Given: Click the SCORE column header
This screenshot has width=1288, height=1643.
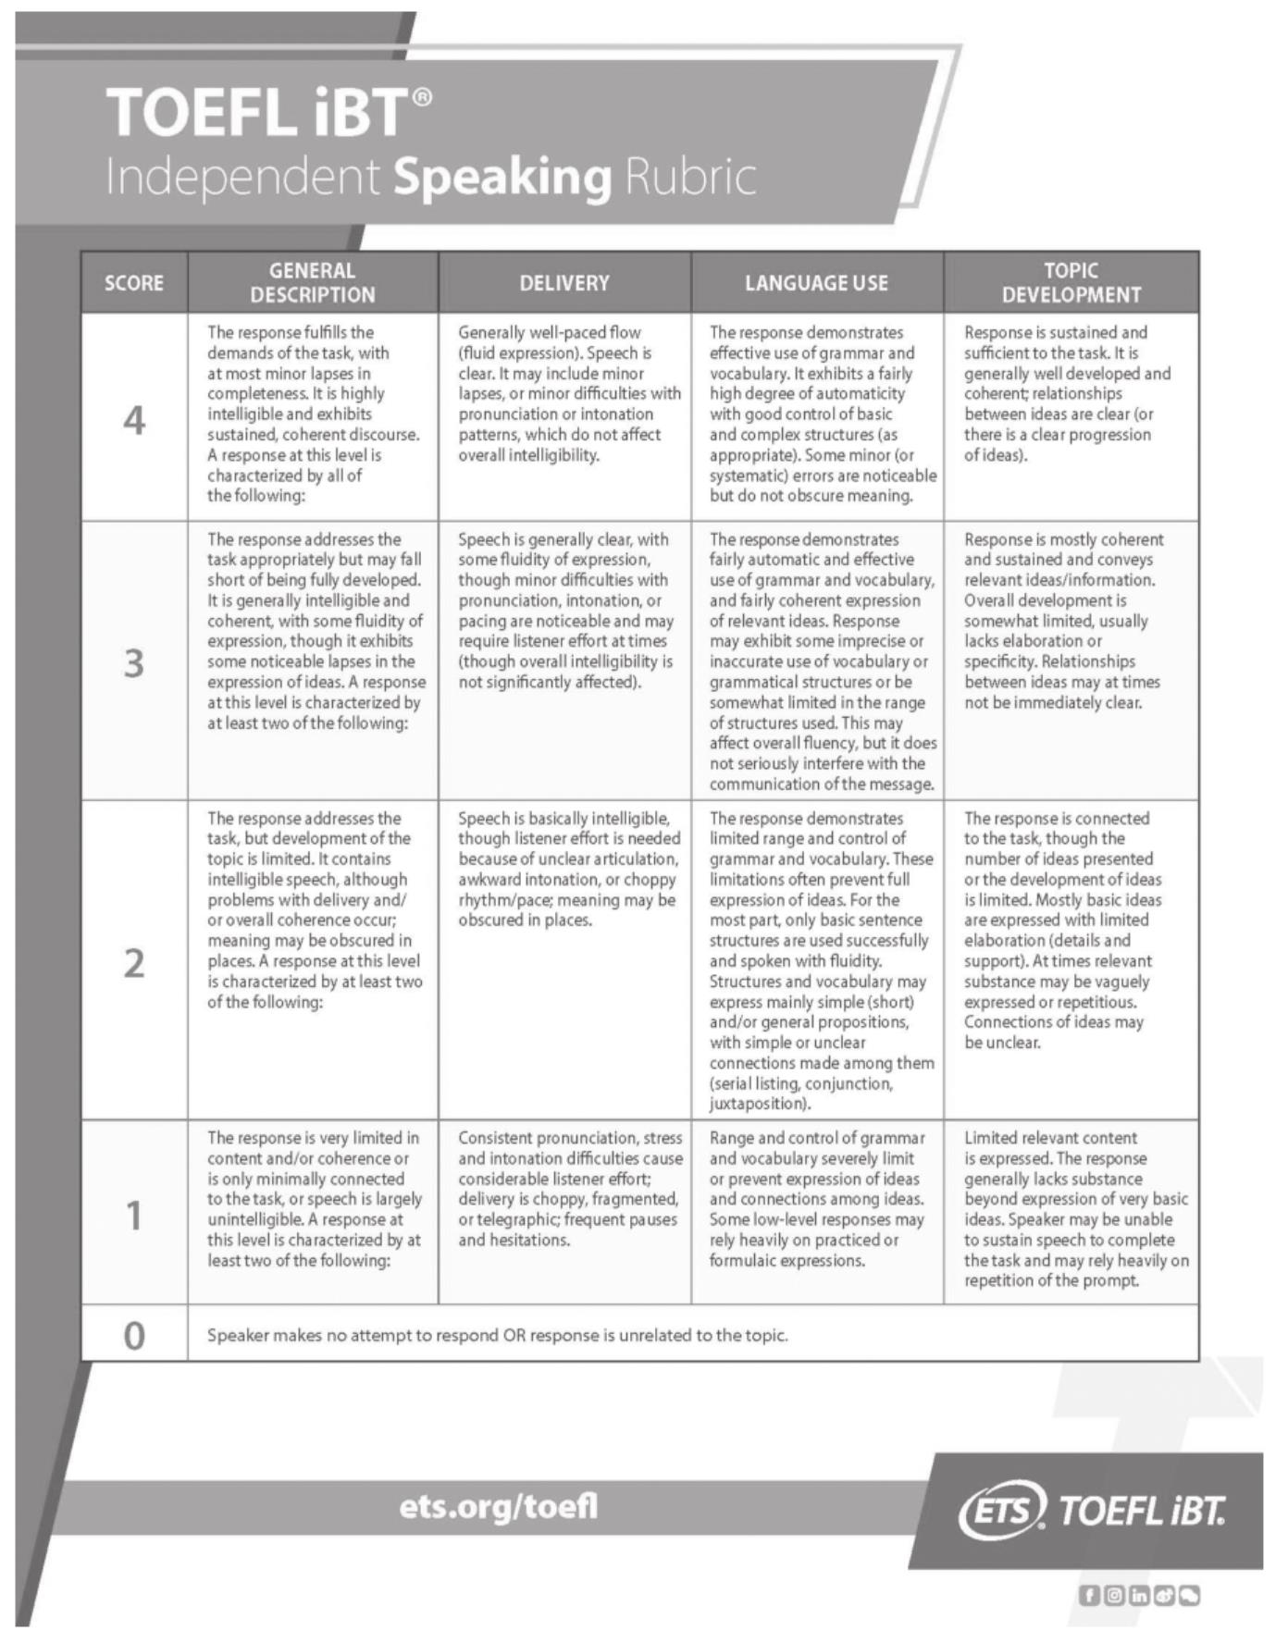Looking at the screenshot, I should point(134,283).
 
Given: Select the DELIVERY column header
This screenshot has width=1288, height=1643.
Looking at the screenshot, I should point(564,283).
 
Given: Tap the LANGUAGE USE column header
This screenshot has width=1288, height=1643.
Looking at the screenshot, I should point(816,283).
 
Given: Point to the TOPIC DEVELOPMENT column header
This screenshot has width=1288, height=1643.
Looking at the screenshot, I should point(1071,283).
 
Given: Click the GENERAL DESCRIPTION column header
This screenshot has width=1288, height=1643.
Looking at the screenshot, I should point(313,283).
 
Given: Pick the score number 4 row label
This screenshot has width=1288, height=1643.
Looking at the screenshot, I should point(134,421).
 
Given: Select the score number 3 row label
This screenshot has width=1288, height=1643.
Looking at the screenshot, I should point(134,663).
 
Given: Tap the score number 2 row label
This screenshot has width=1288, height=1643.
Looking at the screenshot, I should point(134,963).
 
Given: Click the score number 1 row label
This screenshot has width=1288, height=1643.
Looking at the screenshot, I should point(134,1216).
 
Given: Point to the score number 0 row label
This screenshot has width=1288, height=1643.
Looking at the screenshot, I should point(134,1335).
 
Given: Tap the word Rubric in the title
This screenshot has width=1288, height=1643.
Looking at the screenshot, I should point(690,176).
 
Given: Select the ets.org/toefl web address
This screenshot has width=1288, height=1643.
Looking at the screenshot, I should point(499,1507).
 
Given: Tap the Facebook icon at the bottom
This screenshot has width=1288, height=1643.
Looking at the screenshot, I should point(1090,1595).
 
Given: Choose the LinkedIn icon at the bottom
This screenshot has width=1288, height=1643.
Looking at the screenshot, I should point(1139,1595).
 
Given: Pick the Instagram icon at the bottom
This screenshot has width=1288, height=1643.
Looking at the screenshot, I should point(1115,1595).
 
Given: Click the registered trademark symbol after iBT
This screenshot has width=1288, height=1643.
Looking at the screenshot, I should point(421,97).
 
